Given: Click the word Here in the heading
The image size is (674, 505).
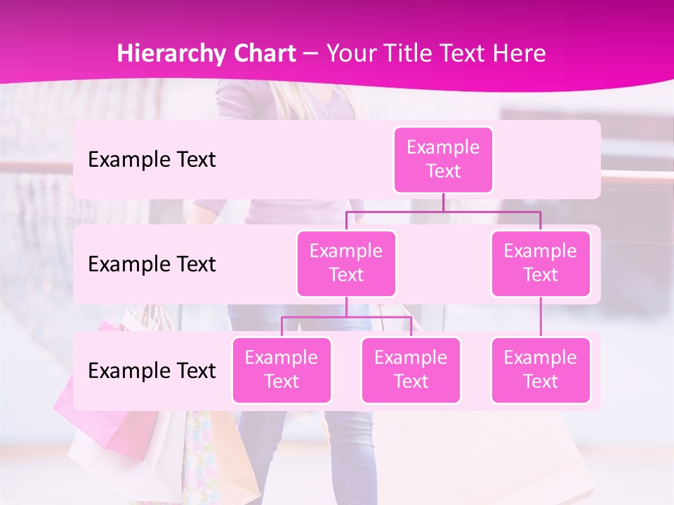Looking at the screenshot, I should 520,54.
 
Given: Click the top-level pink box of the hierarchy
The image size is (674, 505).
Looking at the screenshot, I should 443,159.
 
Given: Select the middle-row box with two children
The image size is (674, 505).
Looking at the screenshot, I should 346,263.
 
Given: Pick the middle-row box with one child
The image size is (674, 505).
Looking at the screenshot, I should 540,263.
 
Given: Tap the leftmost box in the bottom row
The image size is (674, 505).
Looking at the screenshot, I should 282,370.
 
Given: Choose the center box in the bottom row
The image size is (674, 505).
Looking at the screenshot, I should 411,370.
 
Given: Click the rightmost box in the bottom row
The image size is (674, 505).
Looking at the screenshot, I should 540,370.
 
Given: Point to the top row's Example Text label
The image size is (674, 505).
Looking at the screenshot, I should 152,160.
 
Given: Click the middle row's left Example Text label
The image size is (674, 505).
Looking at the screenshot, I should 152,264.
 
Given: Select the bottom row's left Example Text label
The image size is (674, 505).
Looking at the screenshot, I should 152,371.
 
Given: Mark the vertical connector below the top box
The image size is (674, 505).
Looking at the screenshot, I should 443,202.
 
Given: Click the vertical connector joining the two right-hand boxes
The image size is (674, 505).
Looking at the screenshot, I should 540,316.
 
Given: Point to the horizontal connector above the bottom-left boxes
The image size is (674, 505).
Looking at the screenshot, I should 346,317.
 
